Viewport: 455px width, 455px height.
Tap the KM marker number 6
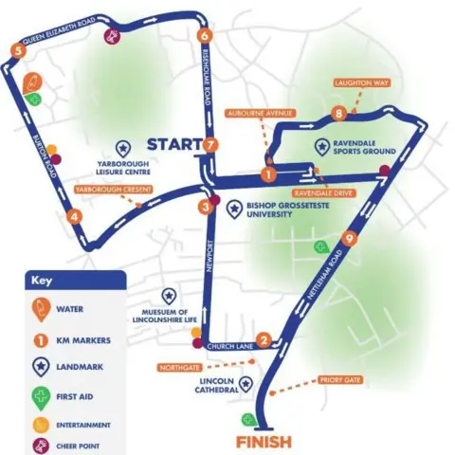click(205, 36)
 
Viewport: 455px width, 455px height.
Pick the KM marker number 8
click(338, 115)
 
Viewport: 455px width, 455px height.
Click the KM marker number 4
click(74, 216)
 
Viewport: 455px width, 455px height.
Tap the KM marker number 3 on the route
click(205, 208)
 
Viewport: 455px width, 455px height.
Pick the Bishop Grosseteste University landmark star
click(236, 206)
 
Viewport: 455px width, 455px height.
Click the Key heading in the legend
click(43, 282)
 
